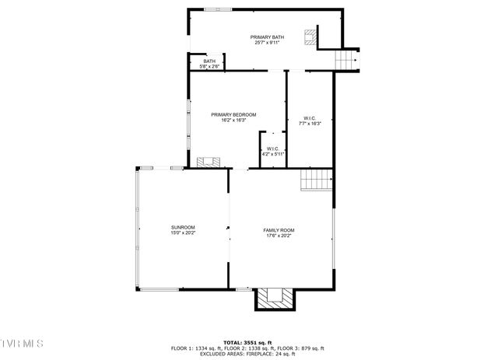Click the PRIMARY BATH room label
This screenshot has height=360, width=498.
point(266,37)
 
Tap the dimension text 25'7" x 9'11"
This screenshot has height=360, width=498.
point(266,43)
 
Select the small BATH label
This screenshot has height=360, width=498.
point(209,61)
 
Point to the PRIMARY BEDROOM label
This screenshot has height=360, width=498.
point(233,115)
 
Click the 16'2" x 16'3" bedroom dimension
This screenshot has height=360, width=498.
point(233,121)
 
